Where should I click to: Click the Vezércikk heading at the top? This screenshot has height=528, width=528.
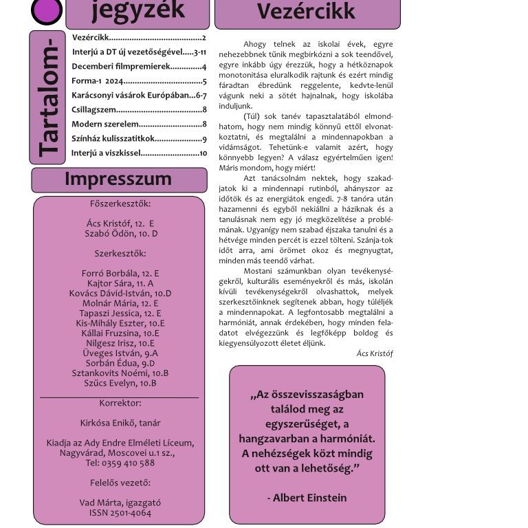pos(307,12)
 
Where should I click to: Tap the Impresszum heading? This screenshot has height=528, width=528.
pos(118,179)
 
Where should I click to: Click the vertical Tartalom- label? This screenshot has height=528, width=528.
pos(47,98)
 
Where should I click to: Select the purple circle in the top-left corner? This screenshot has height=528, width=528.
pos(47,10)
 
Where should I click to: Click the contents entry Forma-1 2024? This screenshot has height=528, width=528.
pos(97,81)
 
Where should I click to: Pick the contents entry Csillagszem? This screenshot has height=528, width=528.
pos(94,109)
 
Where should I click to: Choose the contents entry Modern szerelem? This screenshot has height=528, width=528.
pos(105,124)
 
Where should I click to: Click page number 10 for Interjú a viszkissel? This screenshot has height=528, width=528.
pos(203,153)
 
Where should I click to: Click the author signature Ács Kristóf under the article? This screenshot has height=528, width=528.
pos(375,353)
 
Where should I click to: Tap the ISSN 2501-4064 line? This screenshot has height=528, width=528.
pos(120,513)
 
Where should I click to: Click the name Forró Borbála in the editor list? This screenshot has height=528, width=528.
pos(120,273)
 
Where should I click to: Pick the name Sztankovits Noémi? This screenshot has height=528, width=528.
pos(120,373)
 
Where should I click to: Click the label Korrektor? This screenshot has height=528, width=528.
pos(120,403)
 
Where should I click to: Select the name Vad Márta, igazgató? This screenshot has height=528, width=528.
pos(120,503)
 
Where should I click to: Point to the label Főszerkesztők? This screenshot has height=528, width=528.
pos(120,203)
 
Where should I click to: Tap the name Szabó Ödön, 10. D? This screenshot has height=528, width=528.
pos(121,233)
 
